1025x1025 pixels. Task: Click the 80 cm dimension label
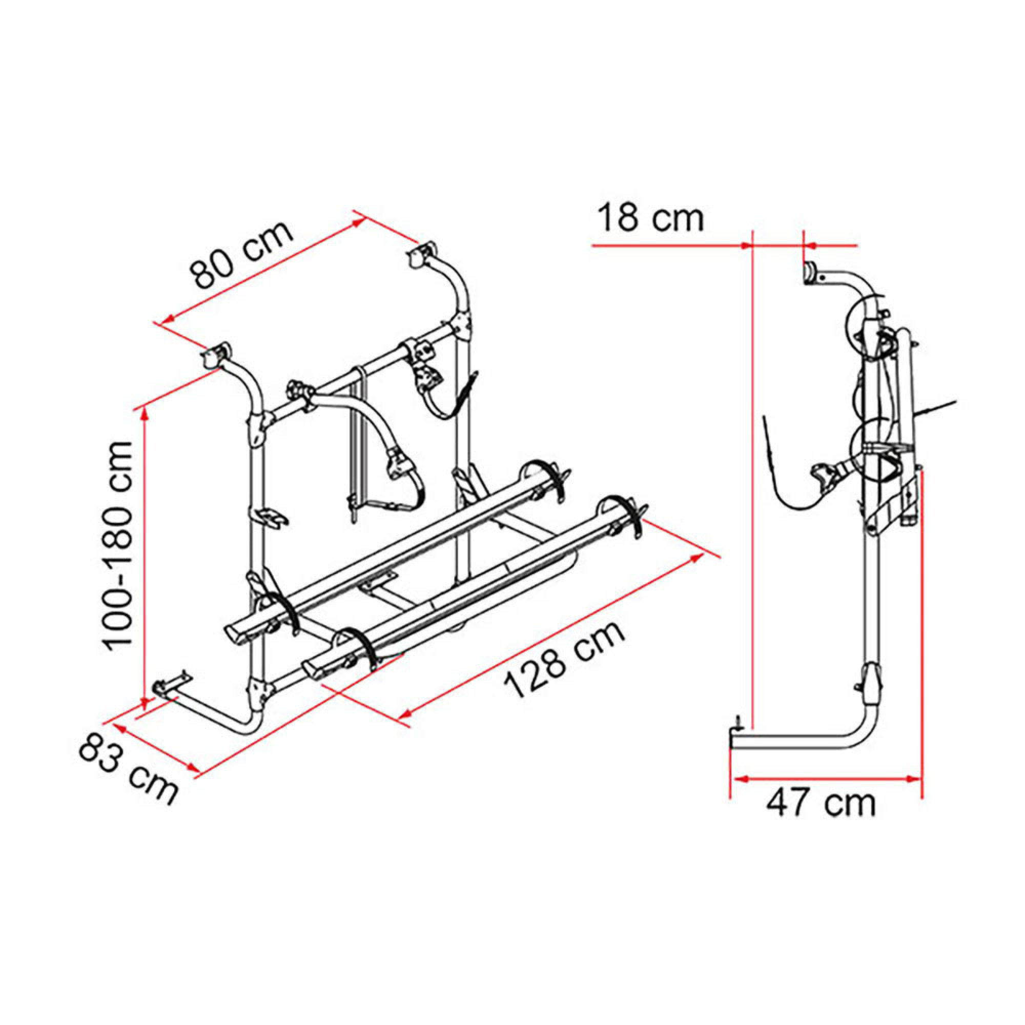(x=241, y=253)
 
